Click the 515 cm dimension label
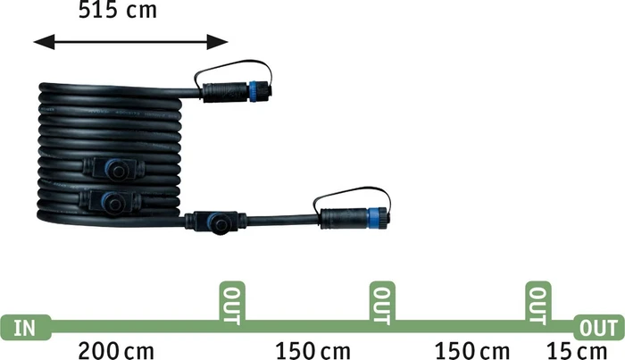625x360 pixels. tap(118, 10)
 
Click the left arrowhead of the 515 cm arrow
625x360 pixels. tap(45, 42)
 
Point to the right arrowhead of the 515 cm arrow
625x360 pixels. tap(217, 42)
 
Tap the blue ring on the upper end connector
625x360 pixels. tap(253, 92)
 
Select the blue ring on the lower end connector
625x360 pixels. tap(372, 218)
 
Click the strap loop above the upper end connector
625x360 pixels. tap(234, 69)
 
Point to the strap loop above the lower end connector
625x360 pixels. tap(353, 195)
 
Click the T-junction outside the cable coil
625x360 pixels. tap(216, 222)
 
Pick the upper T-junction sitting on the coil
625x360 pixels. tap(114, 170)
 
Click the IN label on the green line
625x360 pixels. tap(25, 328)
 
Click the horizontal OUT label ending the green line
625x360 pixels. tap(599, 328)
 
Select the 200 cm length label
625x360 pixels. tap(116, 351)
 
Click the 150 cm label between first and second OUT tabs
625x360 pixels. tap(313, 351)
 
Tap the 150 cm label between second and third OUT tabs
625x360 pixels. tap(472, 351)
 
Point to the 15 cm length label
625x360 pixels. tap(577, 351)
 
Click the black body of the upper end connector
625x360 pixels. tap(226, 93)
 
